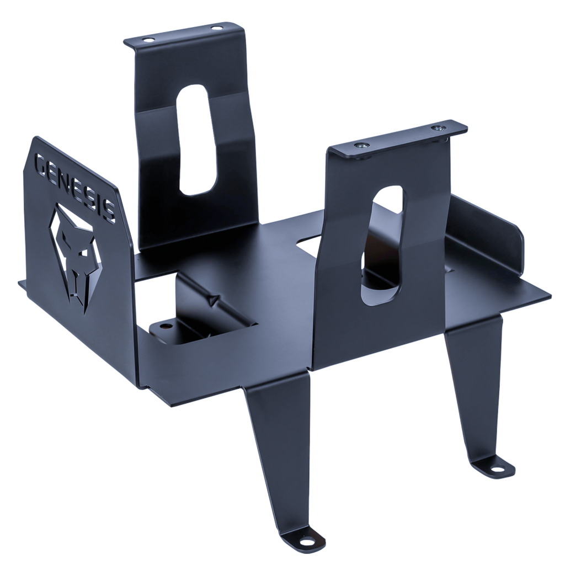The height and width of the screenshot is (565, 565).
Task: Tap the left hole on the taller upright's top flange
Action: click(148, 40)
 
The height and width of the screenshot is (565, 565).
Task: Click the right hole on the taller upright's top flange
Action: click(216, 28)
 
